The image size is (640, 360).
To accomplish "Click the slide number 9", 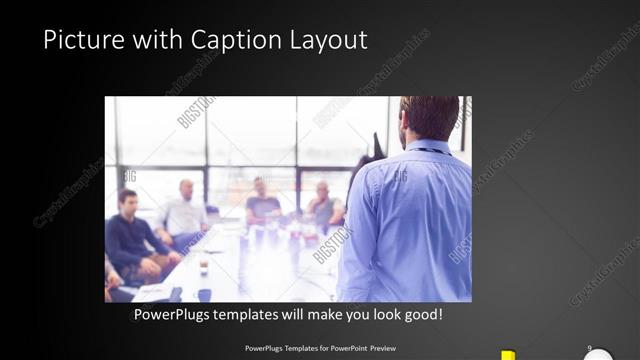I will (589, 348).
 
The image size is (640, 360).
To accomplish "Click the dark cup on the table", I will (202, 266).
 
